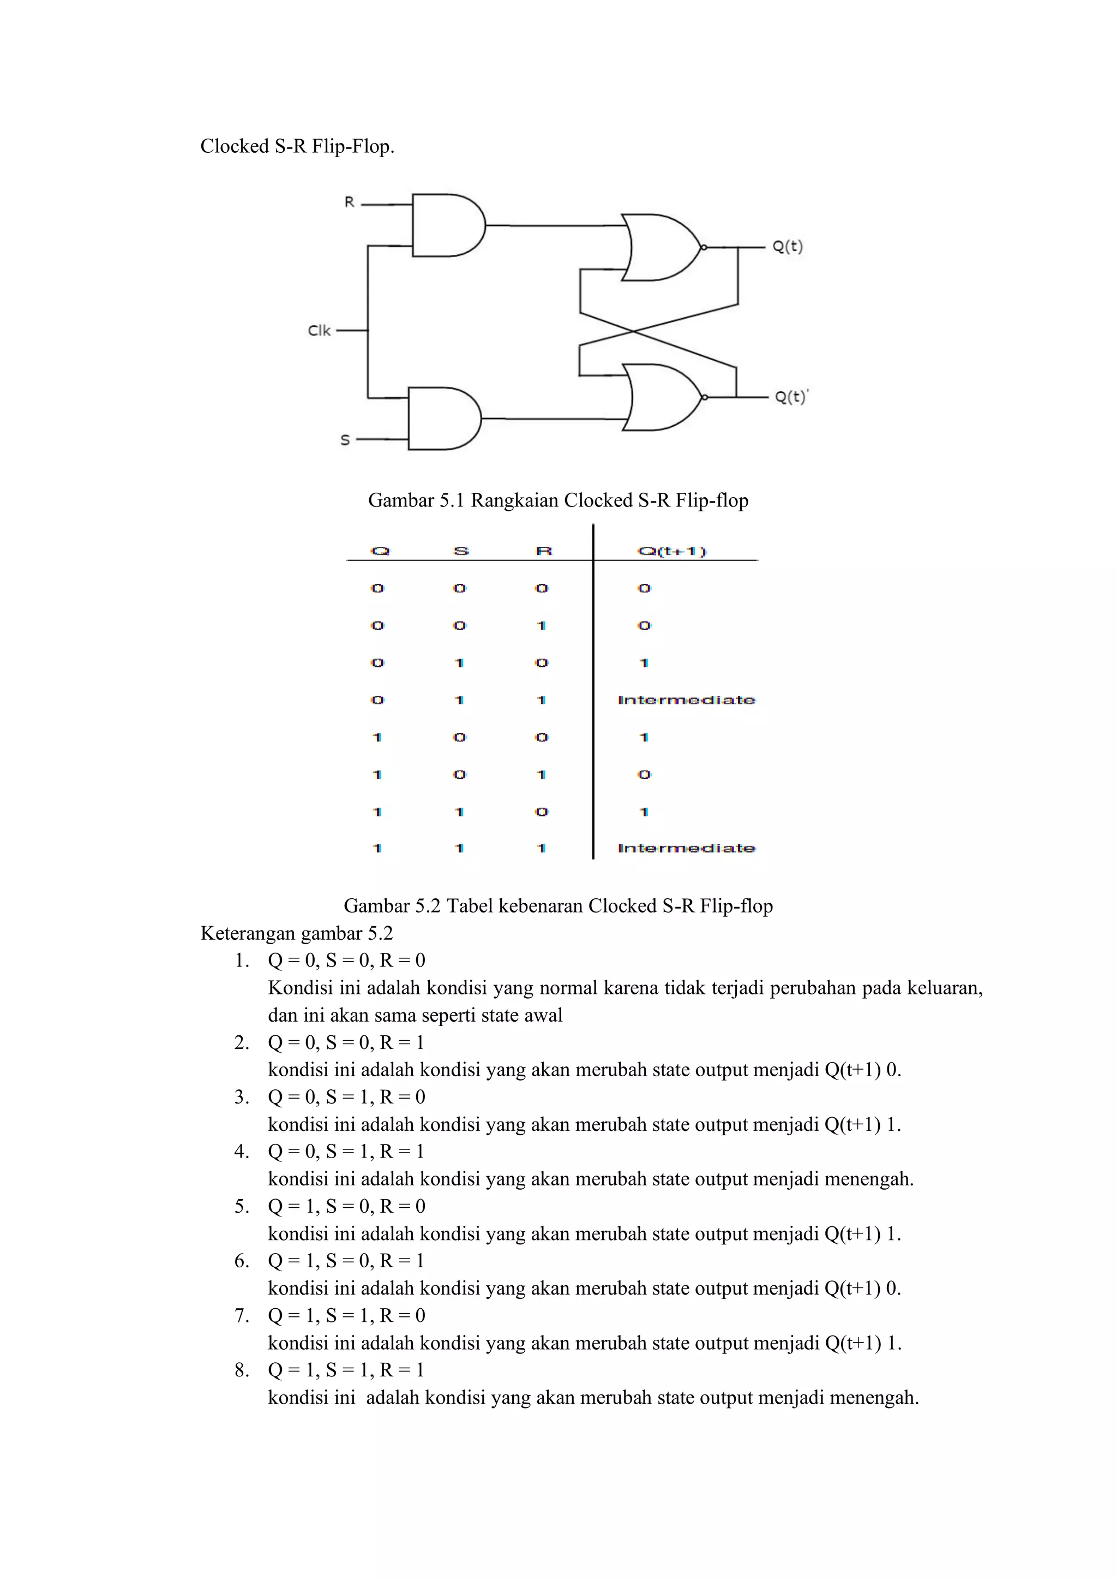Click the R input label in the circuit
point(350,202)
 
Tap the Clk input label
point(319,331)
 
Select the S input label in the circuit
point(345,440)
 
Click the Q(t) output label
point(788,246)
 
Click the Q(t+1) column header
point(672,551)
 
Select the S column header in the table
point(461,551)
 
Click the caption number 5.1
point(451,500)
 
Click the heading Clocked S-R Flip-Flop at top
point(297,146)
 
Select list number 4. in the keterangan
point(242,1151)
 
